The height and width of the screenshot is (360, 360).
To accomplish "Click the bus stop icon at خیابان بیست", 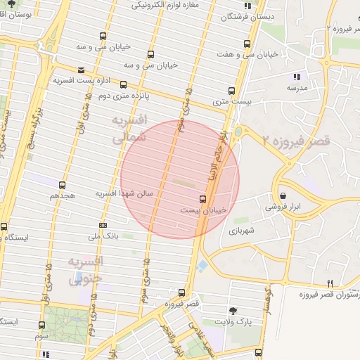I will (x=203, y=199).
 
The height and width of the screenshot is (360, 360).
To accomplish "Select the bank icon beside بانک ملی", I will (x=103, y=225).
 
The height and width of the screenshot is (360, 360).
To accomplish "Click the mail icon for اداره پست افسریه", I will (x=82, y=70).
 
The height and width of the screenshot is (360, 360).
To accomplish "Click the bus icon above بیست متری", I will (x=231, y=90).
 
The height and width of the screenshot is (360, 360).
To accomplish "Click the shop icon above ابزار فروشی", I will (x=283, y=195).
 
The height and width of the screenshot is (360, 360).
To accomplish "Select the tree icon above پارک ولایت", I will (x=233, y=310).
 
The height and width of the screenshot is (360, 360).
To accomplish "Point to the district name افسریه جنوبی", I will (x=86, y=269).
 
